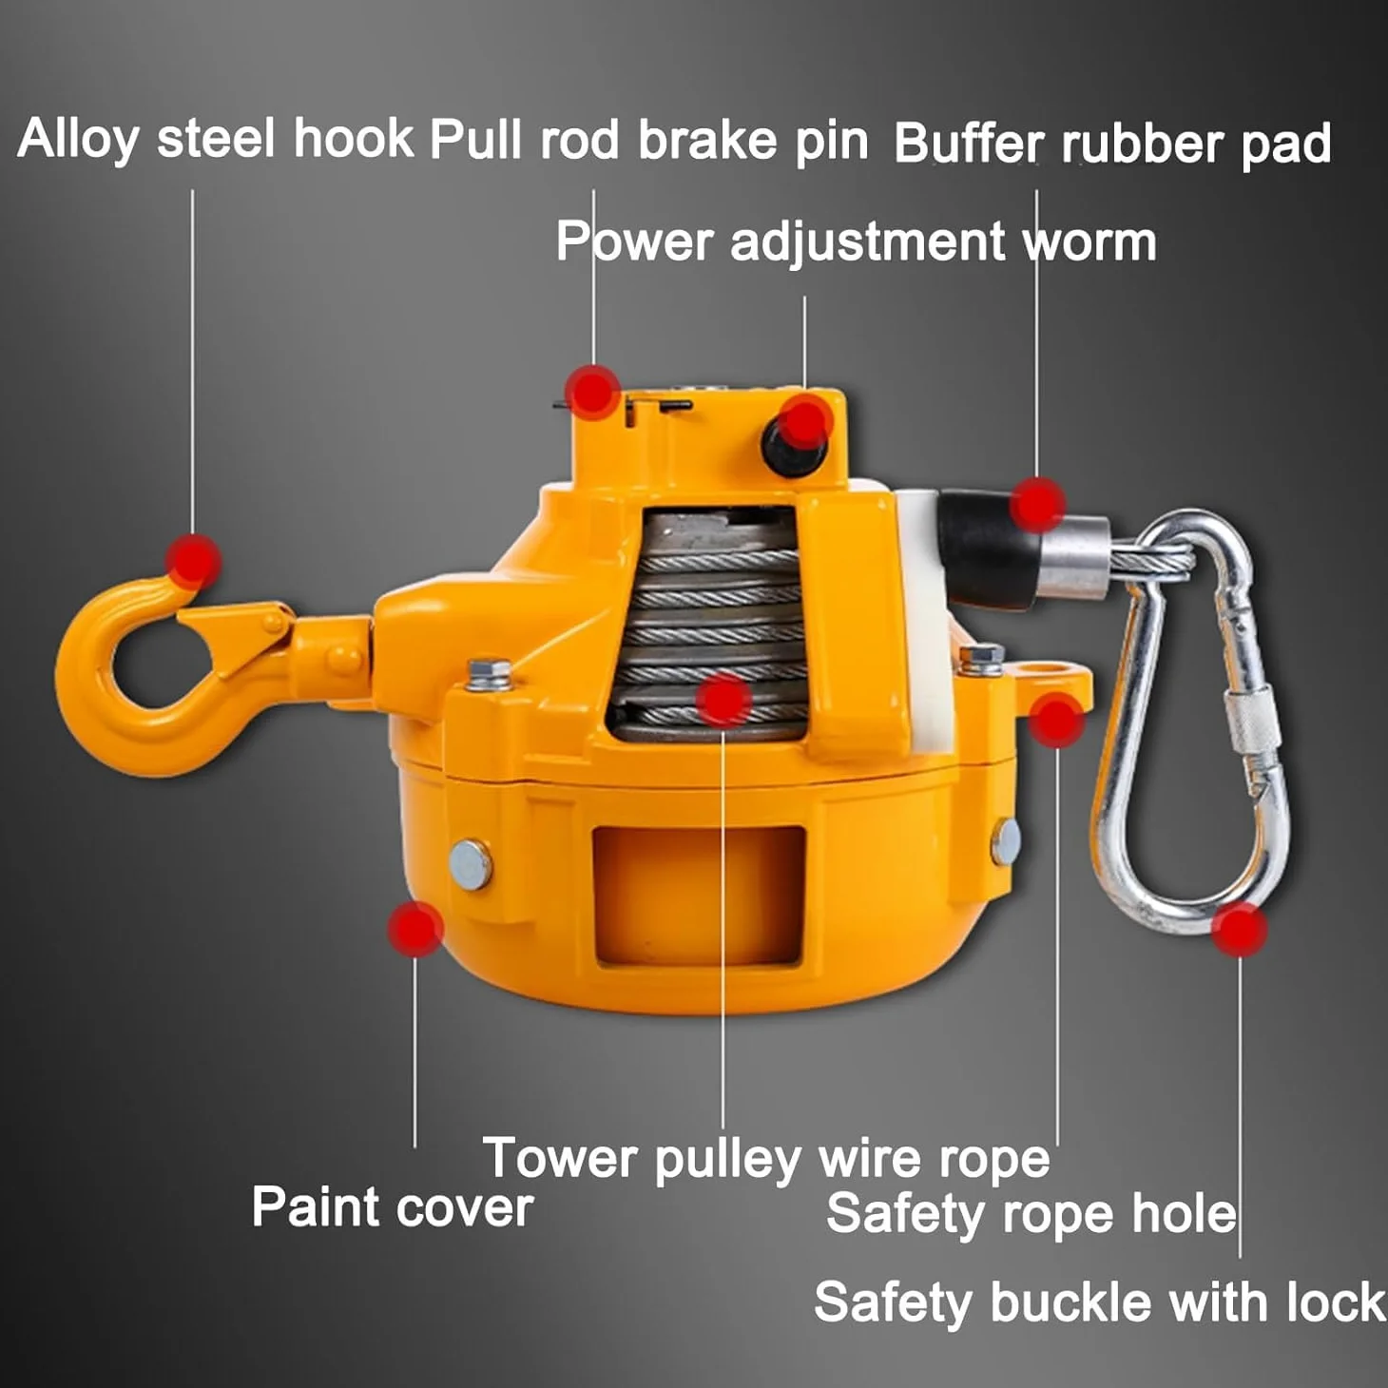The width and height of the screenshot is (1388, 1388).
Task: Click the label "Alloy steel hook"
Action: click(x=215, y=140)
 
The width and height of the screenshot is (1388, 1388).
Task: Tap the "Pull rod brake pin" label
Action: click(x=649, y=140)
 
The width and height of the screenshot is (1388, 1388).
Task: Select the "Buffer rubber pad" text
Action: click(x=1112, y=145)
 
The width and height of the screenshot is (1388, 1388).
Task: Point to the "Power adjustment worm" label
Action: click(x=857, y=242)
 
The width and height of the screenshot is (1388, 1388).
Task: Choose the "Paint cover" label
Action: click(x=393, y=1207)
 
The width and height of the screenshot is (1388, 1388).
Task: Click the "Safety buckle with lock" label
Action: click(x=1100, y=1302)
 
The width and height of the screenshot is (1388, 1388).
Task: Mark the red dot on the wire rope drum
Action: click(x=723, y=700)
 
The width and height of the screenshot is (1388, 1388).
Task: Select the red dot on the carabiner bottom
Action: click(x=1239, y=930)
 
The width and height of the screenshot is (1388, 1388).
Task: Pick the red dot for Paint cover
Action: click(x=415, y=929)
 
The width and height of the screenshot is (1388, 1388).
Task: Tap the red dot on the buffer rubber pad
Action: click(x=1037, y=504)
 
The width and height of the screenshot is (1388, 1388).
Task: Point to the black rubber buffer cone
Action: click(x=990, y=548)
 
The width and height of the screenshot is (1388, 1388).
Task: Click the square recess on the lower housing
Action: click(x=698, y=896)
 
